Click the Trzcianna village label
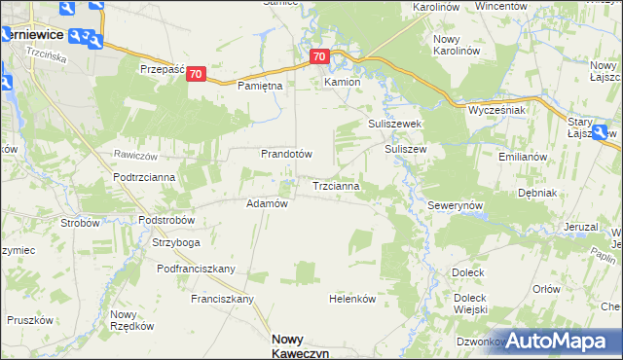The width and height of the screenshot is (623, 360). [x=338, y=185]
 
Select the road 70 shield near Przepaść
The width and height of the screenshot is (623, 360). [x=197, y=74]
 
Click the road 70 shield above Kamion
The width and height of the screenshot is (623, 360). [x=321, y=57]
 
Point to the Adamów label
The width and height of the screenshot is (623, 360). [x=267, y=203]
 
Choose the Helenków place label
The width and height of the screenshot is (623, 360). [x=352, y=300]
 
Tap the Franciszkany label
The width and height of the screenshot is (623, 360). [x=222, y=299]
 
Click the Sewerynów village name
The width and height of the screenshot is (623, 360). [x=456, y=207]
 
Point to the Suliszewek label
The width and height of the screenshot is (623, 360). [x=393, y=125]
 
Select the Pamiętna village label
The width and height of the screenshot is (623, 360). [x=260, y=87]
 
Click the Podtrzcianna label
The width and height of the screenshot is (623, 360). [x=144, y=176]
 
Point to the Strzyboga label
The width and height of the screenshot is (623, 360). [x=176, y=242]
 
